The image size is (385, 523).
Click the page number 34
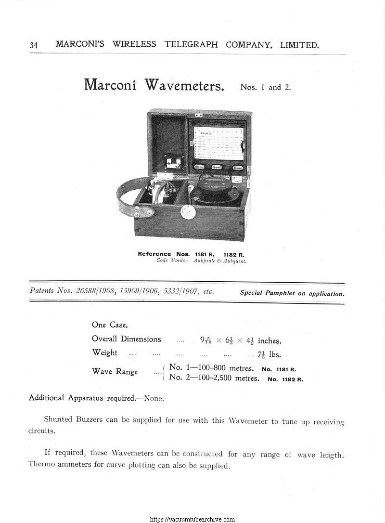click(34, 45)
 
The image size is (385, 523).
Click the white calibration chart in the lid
click(218, 143)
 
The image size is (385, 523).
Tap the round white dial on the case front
click(187, 212)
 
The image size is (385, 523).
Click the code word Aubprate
click(203, 261)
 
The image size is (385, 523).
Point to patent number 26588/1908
click(96, 291)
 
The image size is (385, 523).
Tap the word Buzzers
click(89, 420)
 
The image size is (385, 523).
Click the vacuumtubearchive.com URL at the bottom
click(192, 519)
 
